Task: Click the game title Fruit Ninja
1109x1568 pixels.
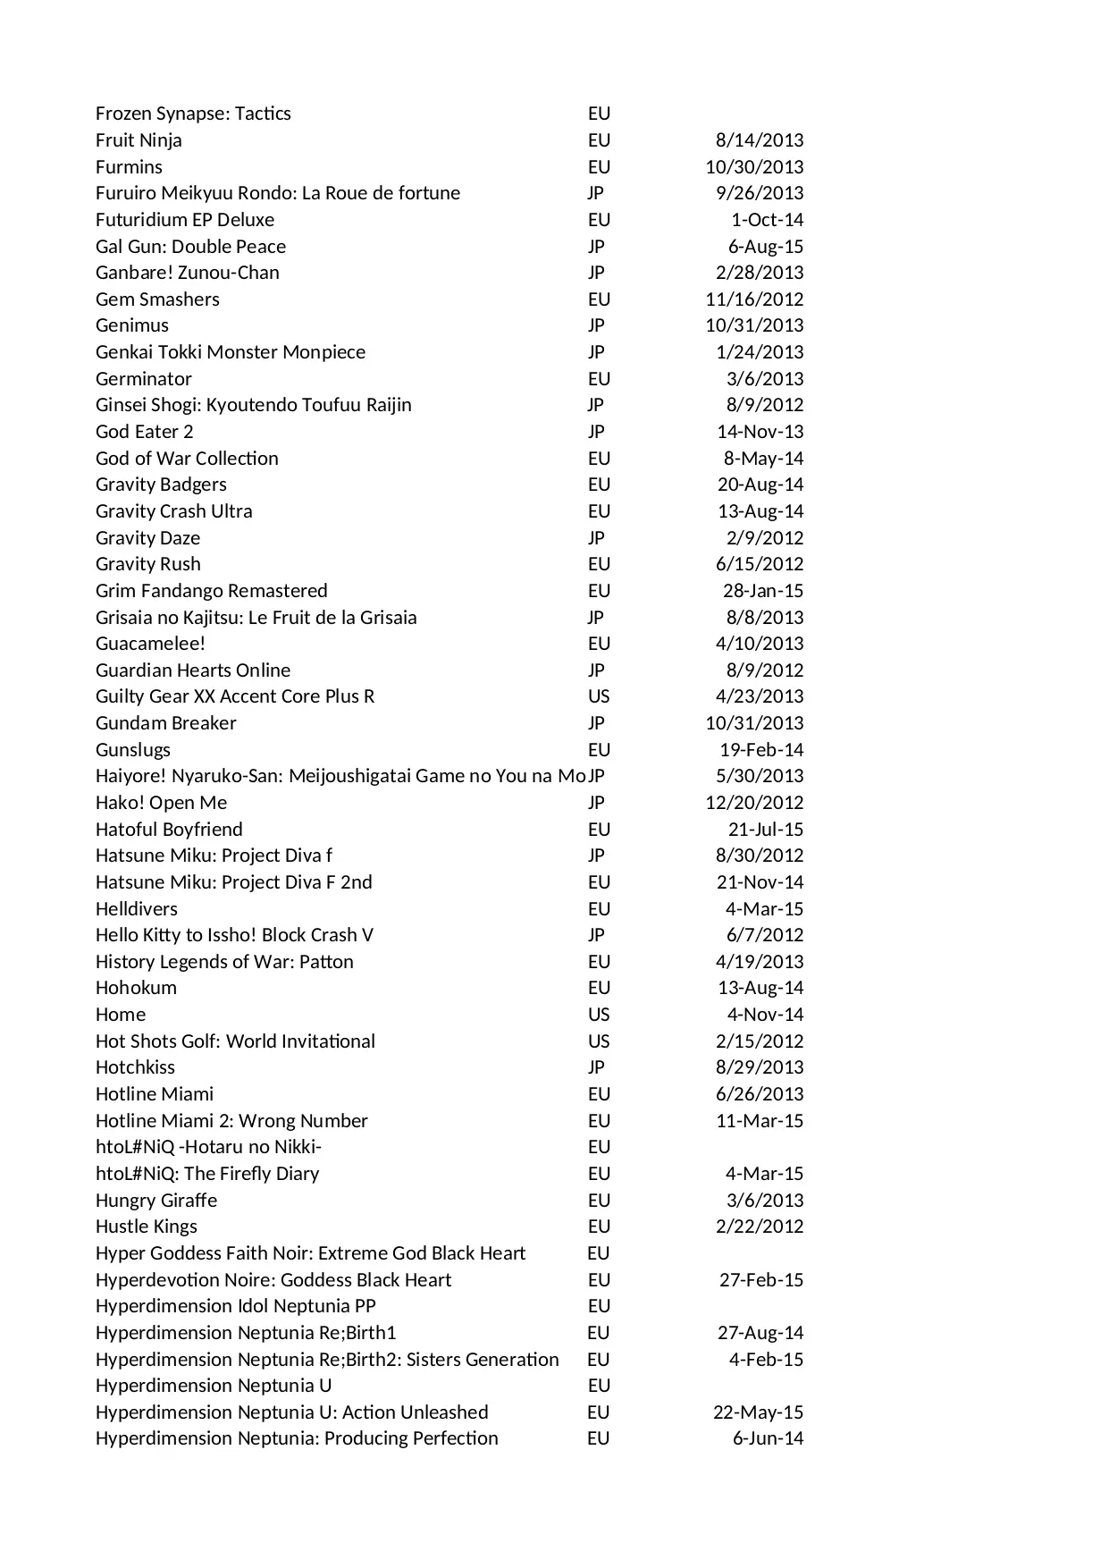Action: tap(139, 140)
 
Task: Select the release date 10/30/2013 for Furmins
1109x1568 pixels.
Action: tap(754, 167)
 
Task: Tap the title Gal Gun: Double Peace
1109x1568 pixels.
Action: tap(190, 247)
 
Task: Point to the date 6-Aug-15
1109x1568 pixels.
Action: tap(766, 247)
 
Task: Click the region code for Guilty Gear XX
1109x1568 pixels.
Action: tap(599, 696)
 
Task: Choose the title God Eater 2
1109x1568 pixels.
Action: tap(144, 432)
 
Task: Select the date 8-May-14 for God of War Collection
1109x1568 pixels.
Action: tap(763, 459)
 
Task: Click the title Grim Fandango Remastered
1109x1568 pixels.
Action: tap(211, 591)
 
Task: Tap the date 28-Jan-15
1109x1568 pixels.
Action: tap(763, 591)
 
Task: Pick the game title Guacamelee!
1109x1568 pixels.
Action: tap(150, 644)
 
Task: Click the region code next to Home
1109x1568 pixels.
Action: tap(599, 1015)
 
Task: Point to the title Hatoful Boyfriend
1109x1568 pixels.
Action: tap(169, 830)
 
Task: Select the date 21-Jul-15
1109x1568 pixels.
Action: tap(766, 830)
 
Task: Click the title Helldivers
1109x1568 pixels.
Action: tap(137, 909)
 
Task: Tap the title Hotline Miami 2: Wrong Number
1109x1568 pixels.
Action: tap(231, 1121)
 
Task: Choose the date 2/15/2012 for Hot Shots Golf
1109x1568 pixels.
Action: tap(760, 1041)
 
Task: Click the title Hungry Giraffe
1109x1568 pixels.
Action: tap(156, 1201)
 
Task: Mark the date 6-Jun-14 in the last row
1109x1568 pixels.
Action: tap(768, 1438)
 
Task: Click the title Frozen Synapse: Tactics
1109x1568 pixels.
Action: tap(193, 114)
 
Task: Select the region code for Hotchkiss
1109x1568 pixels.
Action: tap(596, 1067)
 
